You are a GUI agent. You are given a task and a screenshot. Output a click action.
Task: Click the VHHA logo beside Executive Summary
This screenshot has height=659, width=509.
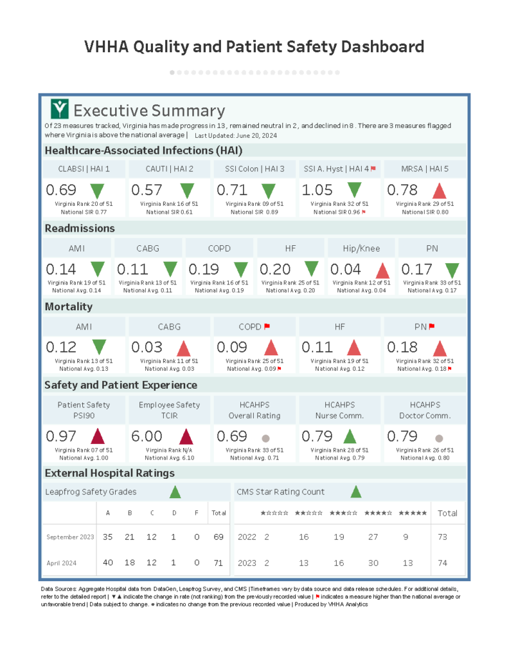[60, 109]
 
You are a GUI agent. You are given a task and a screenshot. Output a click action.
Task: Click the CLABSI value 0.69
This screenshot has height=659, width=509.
[61, 190]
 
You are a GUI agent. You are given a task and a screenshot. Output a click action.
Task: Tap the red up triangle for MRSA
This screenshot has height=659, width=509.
[440, 190]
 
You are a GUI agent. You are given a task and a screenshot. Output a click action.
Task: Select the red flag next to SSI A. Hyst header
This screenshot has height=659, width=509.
[373, 169]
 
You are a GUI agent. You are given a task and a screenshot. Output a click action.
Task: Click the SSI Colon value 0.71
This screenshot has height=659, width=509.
[232, 190]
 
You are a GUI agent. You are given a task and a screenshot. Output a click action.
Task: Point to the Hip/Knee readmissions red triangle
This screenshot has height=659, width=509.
[382, 270]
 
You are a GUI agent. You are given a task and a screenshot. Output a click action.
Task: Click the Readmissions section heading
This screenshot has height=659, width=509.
[80, 228]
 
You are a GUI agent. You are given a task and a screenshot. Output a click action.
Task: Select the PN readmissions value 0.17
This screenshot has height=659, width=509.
[416, 269]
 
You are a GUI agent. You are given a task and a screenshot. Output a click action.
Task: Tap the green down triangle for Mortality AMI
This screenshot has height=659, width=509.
[98, 348]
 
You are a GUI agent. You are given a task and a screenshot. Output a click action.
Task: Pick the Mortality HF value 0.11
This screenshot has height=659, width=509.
[317, 348]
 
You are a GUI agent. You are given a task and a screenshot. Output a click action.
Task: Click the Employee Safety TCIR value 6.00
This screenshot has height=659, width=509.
[147, 436]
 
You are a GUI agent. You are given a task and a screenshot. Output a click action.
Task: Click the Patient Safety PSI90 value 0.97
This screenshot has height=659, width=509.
[61, 436]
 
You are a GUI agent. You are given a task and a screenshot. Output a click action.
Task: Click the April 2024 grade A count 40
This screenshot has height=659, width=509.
[108, 562]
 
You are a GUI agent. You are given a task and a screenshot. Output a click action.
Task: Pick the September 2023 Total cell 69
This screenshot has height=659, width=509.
[219, 537]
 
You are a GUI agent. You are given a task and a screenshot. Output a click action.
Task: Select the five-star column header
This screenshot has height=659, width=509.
[412, 513]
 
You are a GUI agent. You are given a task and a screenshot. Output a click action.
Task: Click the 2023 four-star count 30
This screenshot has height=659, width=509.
[373, 562]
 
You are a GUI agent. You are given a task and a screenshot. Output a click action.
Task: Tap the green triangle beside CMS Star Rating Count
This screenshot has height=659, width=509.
[355, 492]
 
